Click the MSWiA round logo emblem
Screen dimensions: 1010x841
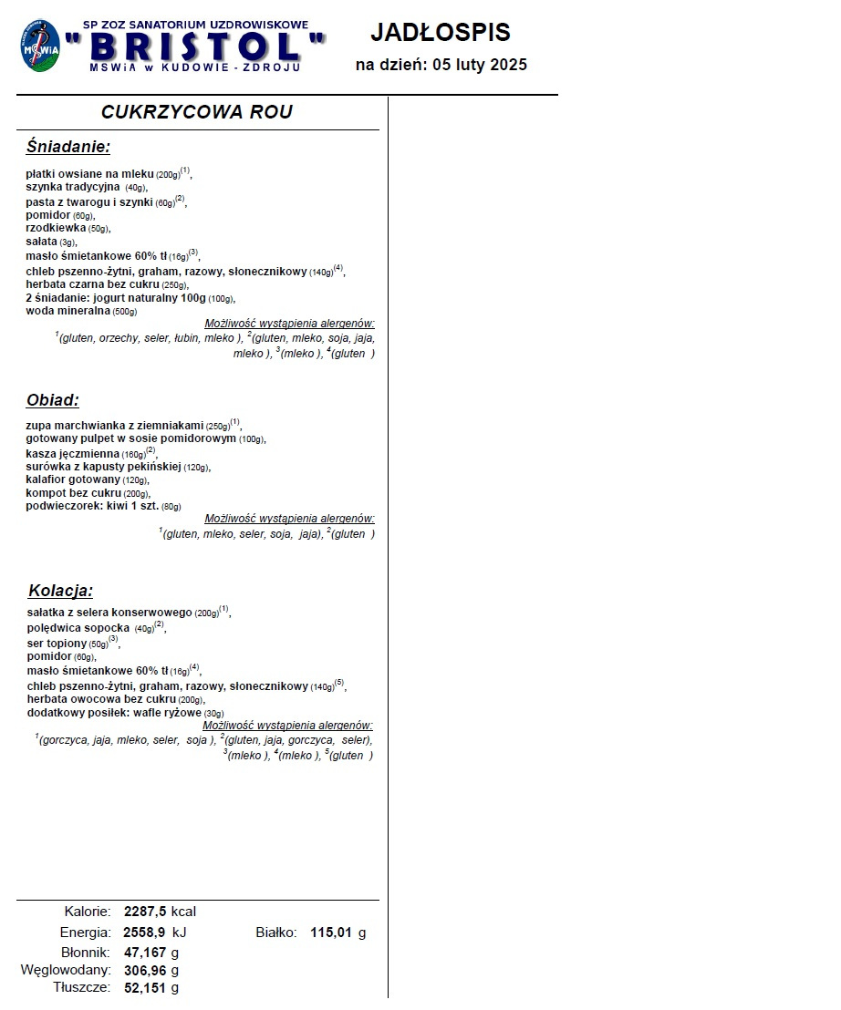(40, 46)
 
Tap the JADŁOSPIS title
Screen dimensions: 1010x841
(441, 33)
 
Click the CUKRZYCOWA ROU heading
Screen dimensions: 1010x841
(197, 112)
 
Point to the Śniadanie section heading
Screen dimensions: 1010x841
(68, 147)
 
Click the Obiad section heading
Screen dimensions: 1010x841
(53, 400)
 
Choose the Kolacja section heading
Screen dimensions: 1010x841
(60, 591)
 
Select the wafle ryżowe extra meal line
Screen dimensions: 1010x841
(125, 713)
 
